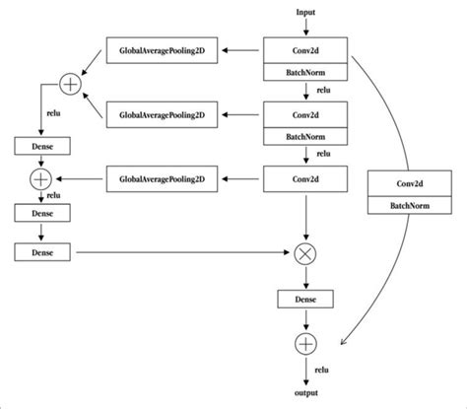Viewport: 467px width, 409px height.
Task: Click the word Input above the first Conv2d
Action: click(x=305, y=12)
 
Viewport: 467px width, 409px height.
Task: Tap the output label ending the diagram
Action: click(x=305, y=393)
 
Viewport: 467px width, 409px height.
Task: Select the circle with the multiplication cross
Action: click(x=305, y=254)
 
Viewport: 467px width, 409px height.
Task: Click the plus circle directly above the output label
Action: click(x=305, y=343)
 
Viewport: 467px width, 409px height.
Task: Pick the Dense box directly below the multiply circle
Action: click(x=305, y=299)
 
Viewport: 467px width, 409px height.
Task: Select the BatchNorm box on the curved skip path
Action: click(x=403, y=206)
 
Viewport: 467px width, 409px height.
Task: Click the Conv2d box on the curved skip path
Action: click(x=403, y=183)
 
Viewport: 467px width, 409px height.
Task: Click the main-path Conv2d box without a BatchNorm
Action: click(x=305, y=178)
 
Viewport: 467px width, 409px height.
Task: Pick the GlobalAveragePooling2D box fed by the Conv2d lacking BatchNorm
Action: click(x=163, y=178)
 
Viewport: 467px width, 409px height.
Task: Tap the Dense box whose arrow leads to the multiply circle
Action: click(x=40, y=254)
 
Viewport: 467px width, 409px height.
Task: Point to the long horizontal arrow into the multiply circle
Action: click(x=177, y=254)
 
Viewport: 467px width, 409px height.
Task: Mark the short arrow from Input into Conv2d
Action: click(x=305, y=28)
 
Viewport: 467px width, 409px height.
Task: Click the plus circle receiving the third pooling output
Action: click(x=40, y=179)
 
